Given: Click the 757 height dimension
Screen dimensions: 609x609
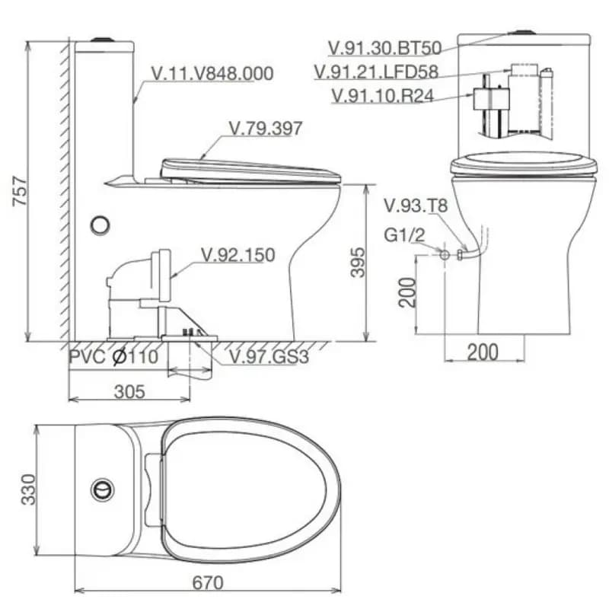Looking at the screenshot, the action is [x=21, y=191].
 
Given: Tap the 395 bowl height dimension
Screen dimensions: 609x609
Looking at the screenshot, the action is [x=358, y=263].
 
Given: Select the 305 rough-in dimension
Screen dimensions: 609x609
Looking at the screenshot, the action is [x=129, y=391].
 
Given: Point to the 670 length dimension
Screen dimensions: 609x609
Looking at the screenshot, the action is [x=208, y=582].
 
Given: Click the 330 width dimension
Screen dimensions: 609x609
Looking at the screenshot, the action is [x=28, y=489].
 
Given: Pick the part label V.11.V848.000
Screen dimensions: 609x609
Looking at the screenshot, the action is [x=212, y=73].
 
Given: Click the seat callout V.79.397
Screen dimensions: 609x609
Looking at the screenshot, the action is [x=265, y=129].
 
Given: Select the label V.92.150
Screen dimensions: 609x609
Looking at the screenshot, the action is [x=238, y=255].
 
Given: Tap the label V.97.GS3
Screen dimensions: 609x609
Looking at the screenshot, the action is [x=269, y=356].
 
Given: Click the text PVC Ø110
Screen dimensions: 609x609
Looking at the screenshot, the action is [x=113, y=356].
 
